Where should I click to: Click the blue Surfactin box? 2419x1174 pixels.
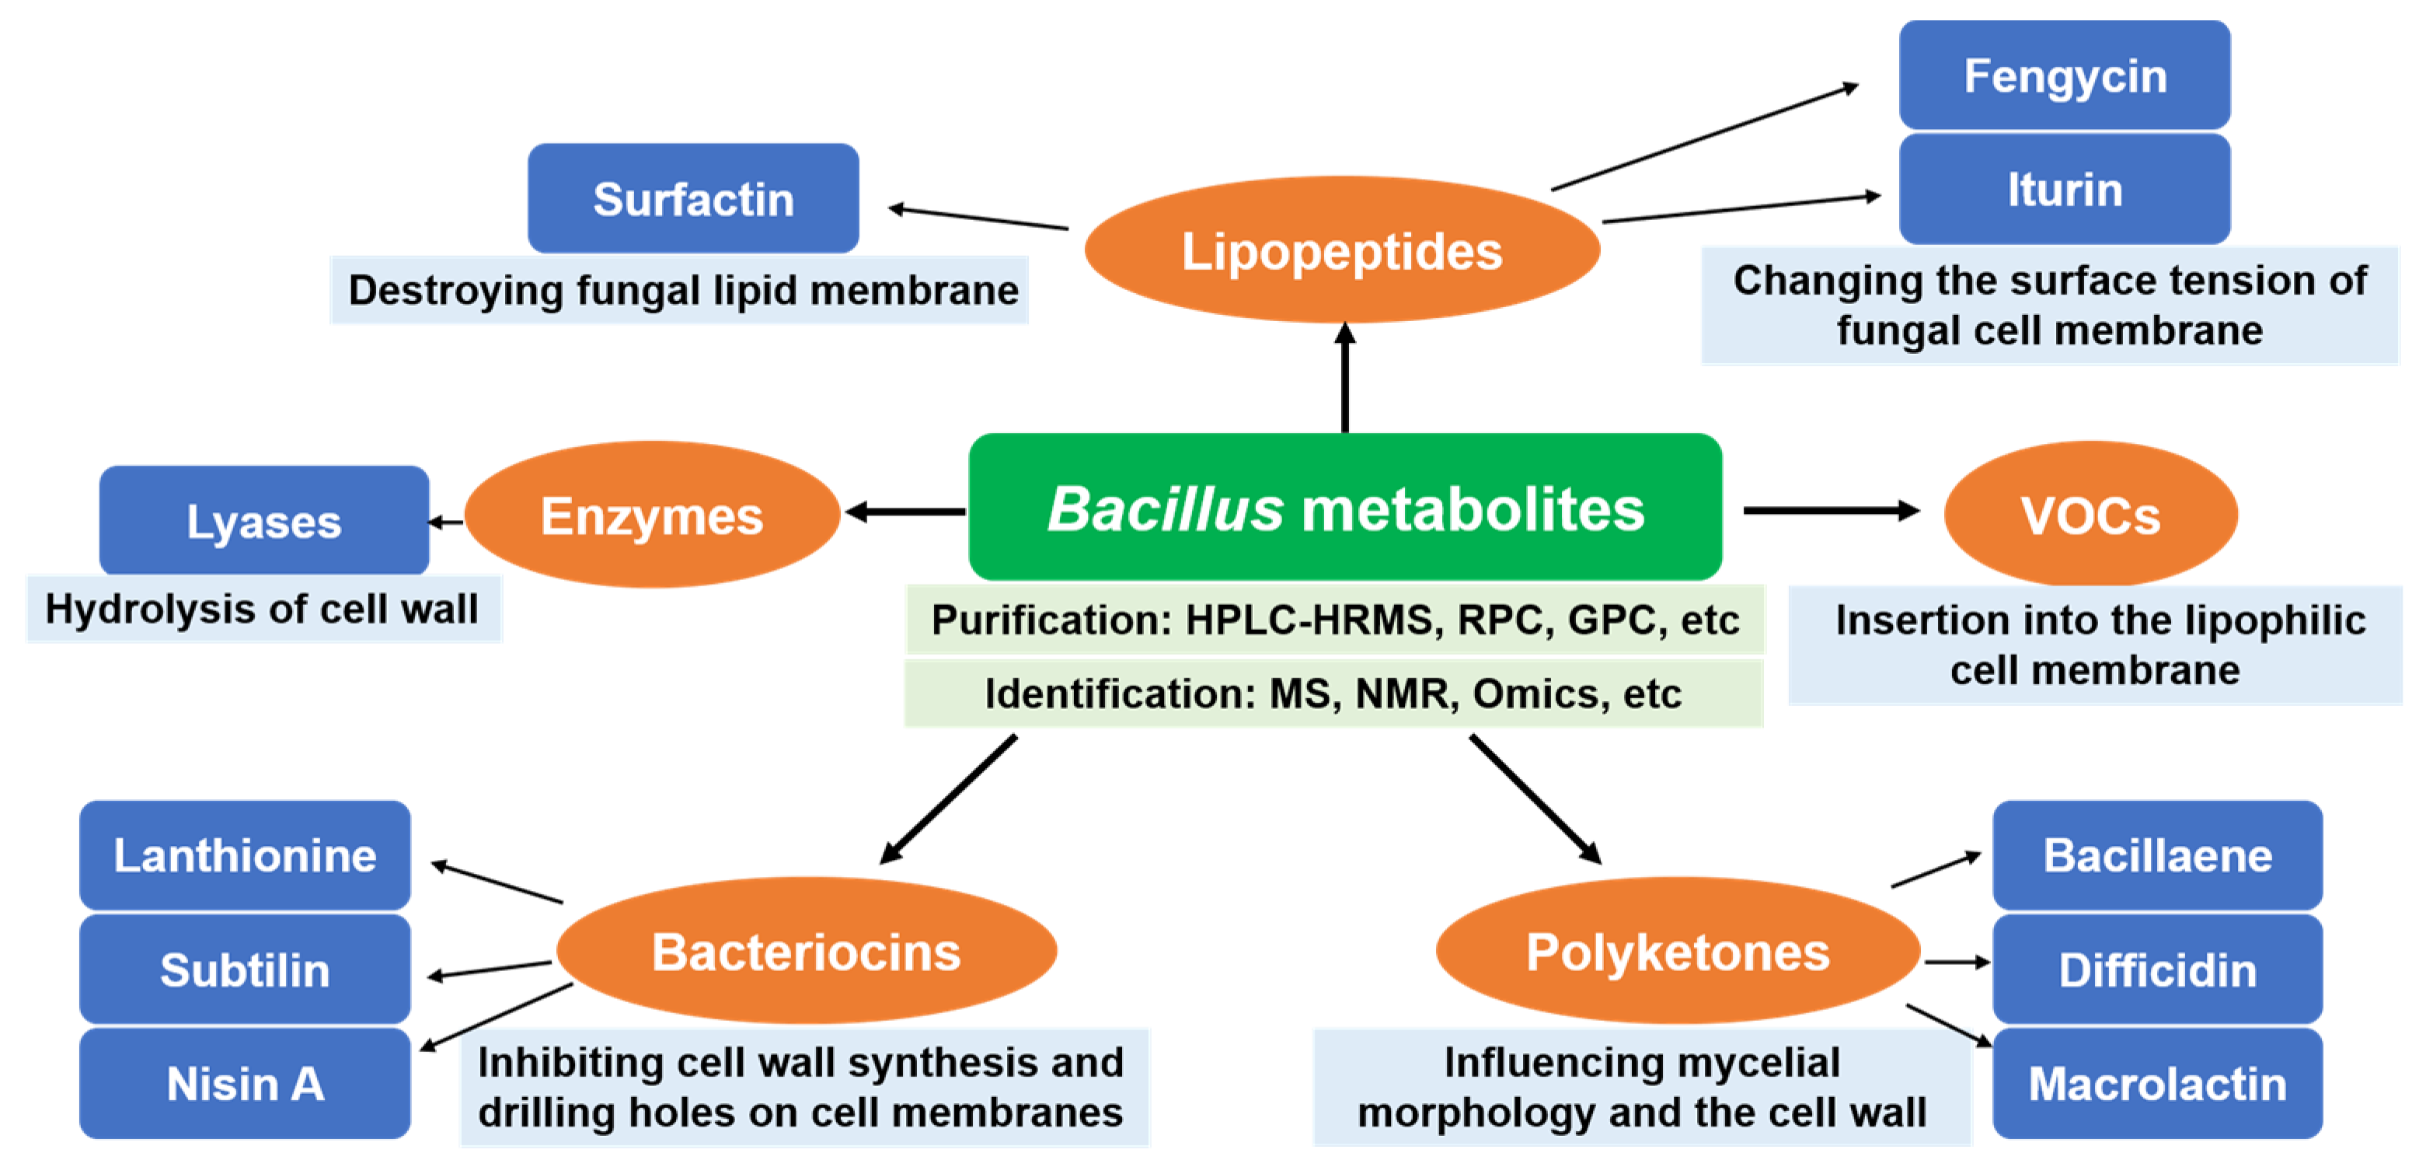[693, 198]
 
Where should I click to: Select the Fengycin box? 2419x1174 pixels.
[2064, 75]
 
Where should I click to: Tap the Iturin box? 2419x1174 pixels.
[2064, 189]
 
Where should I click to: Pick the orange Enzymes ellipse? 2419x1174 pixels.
[652, 515]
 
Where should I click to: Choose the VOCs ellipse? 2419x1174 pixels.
[2090, 514]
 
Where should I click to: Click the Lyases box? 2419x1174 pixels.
[264, 520]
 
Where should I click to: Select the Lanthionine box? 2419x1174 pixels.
[244, 854]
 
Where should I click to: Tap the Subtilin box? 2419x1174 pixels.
[244, 970]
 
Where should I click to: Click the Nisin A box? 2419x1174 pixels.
[244, 1083]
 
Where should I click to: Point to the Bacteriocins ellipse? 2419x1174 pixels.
[806, 952]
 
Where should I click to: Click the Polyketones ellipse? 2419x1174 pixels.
[1677, 952]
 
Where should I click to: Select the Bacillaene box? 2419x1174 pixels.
[2157, 854]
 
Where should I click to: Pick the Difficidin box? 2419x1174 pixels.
[2157, 970]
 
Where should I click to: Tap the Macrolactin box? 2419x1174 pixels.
[2157, 1083]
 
